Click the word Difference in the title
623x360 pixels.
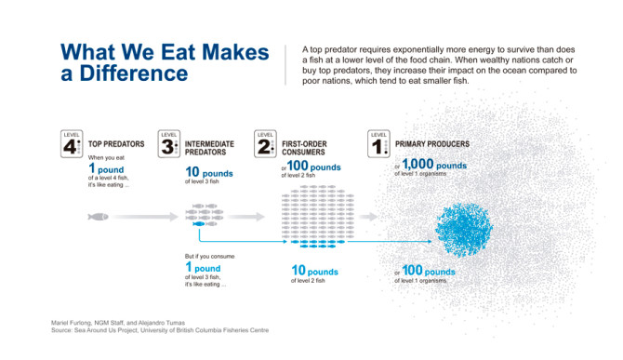pos(137,73)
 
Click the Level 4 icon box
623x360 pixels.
pos(73,143)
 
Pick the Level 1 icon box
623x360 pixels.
pos(379,143)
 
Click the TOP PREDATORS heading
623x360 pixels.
pos(116,145)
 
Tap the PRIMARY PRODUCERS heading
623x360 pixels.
pos(431,144)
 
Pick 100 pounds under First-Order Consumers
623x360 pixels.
pos(311,166)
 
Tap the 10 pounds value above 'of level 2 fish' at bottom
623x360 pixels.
pos(315,272)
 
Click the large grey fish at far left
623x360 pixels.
pos(99,217)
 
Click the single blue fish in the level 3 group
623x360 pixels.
pos(197,224)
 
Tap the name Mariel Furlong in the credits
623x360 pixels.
pos(72,322)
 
